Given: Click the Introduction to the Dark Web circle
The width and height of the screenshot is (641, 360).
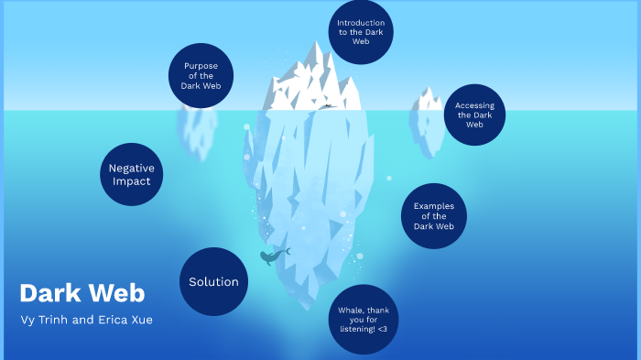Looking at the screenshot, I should (x=361, y=32).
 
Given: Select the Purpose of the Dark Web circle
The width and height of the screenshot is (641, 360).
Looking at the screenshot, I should (x=201, y=75).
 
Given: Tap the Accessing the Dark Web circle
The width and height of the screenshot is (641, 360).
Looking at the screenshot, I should (x=473, y=115).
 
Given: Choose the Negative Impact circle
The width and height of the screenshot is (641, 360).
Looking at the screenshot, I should (x=131, y=174).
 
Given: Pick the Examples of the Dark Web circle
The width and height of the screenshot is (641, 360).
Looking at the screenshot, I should (x=434, y=216).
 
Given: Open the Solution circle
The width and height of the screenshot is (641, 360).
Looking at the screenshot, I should (x=213, y=281).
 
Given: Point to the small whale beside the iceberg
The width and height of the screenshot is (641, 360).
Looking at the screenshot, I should (x=272, y=257).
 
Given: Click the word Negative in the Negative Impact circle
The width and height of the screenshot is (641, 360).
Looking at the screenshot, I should (x=131, y=168).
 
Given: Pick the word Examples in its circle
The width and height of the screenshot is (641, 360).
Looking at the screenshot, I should (x=434, y=206).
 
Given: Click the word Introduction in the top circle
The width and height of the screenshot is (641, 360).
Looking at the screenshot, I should (x=361, y=22).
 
